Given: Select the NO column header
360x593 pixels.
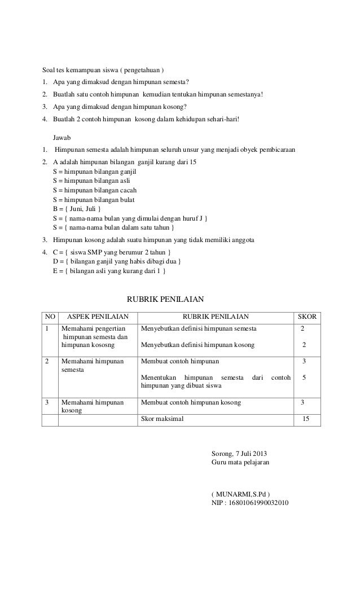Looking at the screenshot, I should (x=50, y=317).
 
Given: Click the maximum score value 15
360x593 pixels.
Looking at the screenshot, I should (x=305, y=419).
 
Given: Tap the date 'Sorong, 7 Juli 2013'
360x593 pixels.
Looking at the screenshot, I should (x=239, y=454).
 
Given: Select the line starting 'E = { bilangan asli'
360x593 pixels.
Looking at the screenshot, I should (x=109, y=271).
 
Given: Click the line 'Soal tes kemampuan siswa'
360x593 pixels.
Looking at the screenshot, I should (x=103, y=70).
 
